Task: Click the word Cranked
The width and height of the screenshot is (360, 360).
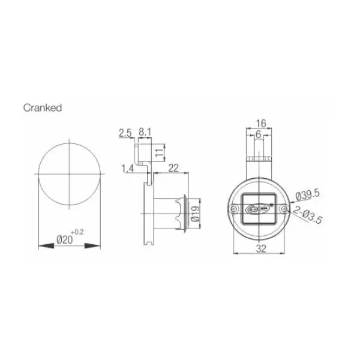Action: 43,108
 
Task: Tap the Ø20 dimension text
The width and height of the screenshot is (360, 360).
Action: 64,239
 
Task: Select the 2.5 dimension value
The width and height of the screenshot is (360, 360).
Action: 125,131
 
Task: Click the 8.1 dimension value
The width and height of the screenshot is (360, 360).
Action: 145,131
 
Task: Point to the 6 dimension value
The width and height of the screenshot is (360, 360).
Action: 258,135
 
